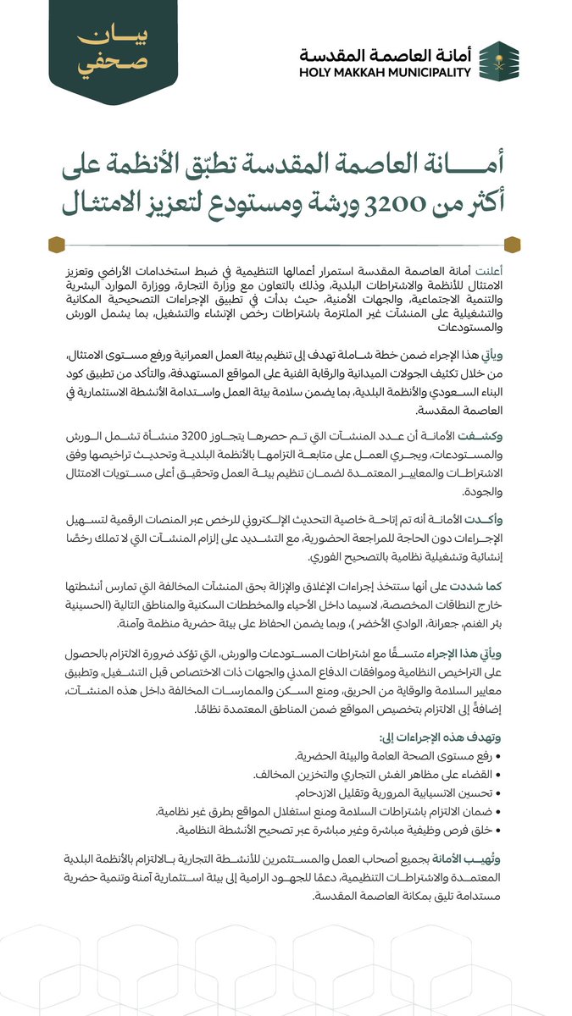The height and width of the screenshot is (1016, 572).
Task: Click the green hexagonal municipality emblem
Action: coord(500,61)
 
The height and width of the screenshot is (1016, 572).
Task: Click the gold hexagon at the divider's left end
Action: coord(56,246)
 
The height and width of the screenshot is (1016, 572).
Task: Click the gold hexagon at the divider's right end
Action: coord(512,246)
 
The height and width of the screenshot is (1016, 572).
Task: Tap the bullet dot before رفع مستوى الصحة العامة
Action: coord(498,755)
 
